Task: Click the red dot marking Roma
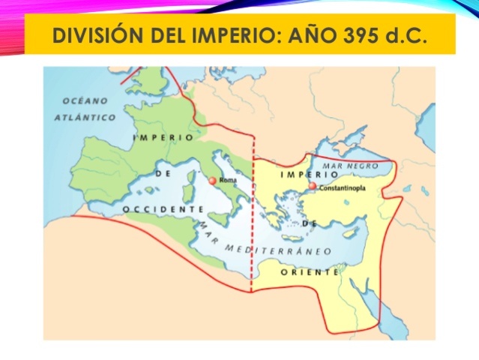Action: pos(212,181)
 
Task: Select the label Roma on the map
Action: pos(228,181)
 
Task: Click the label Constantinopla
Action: pos(343,188)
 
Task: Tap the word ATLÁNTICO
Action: pos(85,118)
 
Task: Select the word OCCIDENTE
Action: pos(163,208)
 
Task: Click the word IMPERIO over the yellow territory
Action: pos(304,175)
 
